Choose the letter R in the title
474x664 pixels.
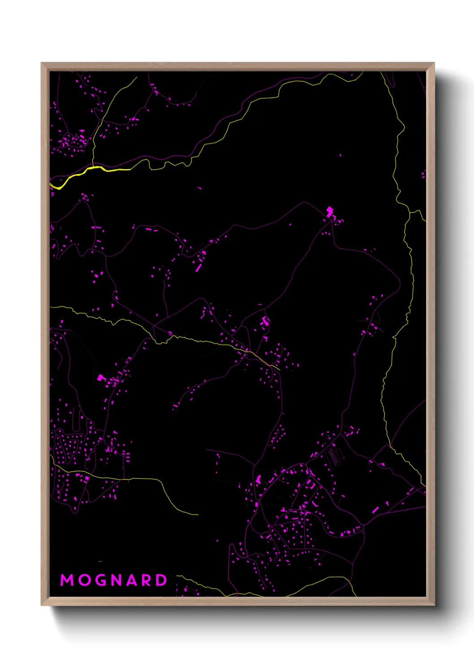point(147,580)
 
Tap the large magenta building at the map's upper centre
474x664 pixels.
point(330,211)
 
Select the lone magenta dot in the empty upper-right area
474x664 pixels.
point(340,155)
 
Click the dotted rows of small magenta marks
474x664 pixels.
point(334,457)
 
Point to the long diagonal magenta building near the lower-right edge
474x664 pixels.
point(375,510)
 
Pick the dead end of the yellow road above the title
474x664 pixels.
point(197,514)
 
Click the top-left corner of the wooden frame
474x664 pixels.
point(42,63)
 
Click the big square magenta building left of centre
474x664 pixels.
point(100,378)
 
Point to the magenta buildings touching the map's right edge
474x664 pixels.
point(423,174)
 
